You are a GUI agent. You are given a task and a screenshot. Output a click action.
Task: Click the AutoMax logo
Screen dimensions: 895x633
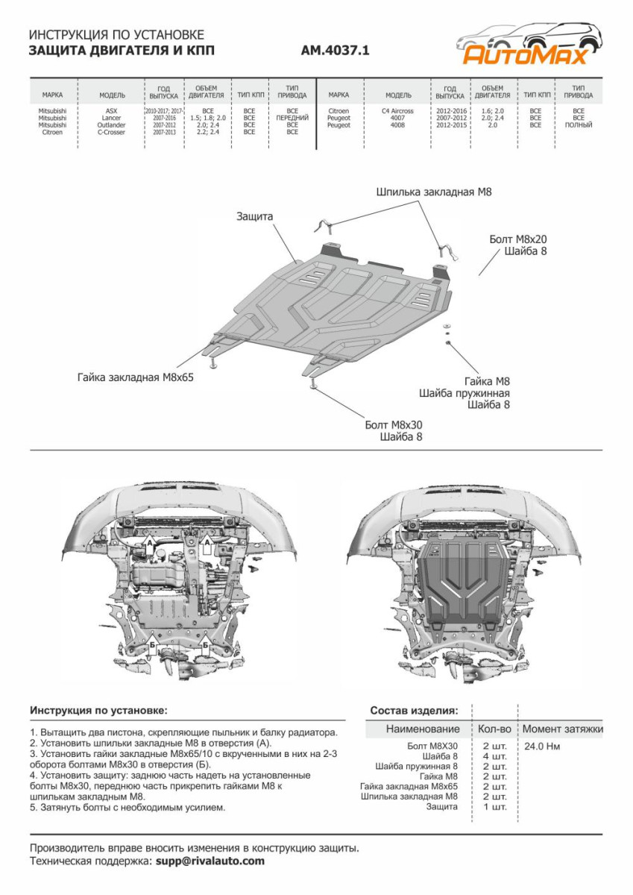[526, 44]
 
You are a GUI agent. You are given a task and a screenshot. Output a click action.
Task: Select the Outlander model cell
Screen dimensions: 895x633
[111, 125]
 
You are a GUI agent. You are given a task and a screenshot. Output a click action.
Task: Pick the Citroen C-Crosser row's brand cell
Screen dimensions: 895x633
[52, 132]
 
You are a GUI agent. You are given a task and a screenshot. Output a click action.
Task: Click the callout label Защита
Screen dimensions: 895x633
[255, 216]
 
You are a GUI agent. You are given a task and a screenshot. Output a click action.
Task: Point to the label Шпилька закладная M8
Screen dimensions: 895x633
[434, 192]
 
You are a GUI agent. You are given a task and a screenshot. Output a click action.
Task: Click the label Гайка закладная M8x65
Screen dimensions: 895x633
[135, 377]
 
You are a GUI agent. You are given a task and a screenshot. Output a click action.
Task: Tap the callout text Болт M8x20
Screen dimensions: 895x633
[518, 239]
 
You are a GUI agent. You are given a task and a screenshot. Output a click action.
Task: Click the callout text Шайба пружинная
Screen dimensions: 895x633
[464, 392]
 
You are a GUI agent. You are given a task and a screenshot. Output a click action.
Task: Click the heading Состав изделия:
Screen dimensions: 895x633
[414, 710]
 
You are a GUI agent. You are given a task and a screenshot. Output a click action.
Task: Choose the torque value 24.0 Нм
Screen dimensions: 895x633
[542, 746]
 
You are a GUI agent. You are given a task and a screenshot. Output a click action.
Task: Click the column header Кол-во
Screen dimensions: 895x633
[494, 729]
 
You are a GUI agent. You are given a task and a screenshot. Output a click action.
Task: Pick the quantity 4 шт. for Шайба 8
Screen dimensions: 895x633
[494, 756]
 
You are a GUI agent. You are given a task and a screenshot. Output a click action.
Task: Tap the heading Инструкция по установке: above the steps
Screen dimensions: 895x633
[99, 710]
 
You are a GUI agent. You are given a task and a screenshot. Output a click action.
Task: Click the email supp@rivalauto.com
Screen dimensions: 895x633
[210, 861]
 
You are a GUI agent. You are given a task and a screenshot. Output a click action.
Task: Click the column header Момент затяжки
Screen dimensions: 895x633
[563, 729]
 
